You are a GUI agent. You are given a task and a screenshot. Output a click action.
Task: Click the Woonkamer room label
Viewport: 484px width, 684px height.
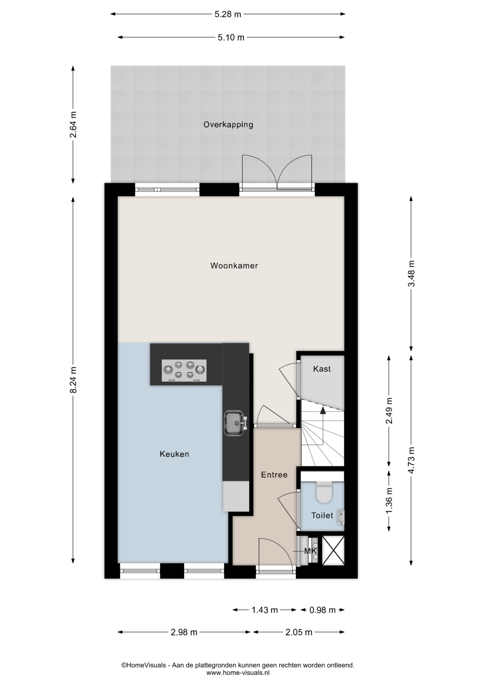(x=234, y=265)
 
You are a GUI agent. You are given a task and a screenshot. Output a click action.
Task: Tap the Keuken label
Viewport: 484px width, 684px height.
(x=174, y=454)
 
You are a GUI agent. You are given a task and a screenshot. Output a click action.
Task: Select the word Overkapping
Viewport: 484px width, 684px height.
(x=228, y=125)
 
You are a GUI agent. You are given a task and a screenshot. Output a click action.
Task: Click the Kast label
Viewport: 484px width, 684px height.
(x=322, y=369)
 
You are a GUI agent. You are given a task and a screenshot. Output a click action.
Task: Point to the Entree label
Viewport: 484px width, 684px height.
(x=274, y=475)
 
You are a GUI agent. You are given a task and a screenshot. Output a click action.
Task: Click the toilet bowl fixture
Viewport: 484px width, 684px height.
(x=324, y=492)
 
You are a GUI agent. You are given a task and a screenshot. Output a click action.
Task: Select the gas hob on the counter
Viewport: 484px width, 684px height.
(x=184, y=370)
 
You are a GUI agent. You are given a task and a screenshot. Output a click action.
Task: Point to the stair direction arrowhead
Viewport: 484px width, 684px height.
(x=323, y=410)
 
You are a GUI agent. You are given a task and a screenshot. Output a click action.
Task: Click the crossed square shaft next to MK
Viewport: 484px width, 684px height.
(x=333, y=550)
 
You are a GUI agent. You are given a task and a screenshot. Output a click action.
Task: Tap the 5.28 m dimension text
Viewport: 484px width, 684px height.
(x=228, y=14)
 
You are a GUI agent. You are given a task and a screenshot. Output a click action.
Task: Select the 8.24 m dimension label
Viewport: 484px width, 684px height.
(x=73, y=380)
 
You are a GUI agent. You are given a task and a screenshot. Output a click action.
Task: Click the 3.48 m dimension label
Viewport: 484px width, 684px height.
(x=411, y=273)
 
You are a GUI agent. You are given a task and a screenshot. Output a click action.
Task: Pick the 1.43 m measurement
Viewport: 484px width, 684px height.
(x=264, y=610)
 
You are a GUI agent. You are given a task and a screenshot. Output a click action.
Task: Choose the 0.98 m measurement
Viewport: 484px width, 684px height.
(x=322, y=610)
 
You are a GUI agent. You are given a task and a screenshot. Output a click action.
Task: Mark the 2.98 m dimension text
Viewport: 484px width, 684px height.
(x=184, y=632)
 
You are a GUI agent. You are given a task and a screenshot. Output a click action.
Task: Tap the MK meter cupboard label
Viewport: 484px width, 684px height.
(x=310, y=551)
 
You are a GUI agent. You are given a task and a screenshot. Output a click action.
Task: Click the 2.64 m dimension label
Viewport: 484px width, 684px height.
(x=73, y=125)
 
